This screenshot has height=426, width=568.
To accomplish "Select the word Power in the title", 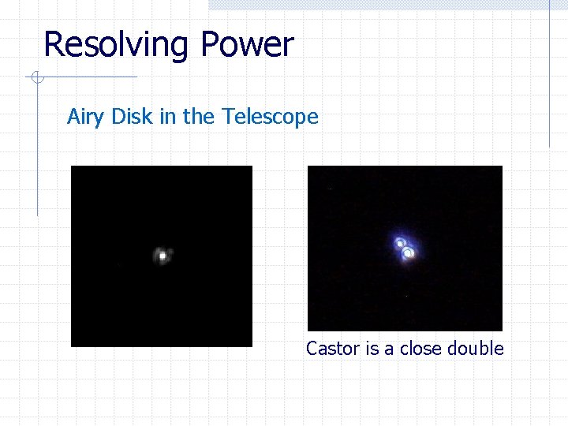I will [247, 45].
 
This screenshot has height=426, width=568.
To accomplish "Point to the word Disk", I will [132, 117].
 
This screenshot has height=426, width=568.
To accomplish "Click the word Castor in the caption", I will [333, 349].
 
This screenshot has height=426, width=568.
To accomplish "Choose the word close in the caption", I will [420, 349].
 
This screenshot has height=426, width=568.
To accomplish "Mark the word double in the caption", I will [475, 349].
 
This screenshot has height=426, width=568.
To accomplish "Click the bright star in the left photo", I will [163, 256].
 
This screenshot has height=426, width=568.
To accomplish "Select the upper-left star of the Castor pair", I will [400, 243].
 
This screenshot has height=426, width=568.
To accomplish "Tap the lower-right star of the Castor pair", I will [409, 253].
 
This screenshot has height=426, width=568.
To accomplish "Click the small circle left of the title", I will [32, 77].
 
